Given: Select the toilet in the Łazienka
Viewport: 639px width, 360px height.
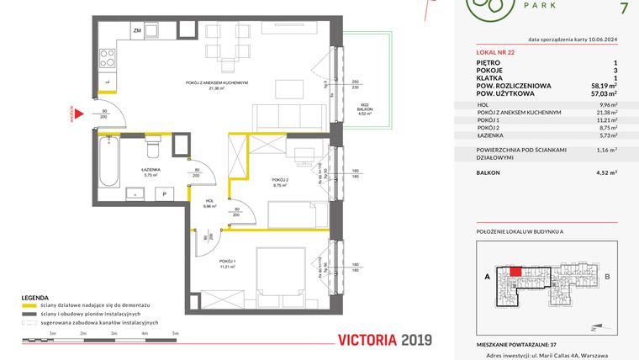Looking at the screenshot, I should [x=152, y=149].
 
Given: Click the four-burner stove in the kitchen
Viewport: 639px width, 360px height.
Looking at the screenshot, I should [x=108, y=58].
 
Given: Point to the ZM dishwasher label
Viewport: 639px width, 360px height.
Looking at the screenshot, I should [x=136, y=30].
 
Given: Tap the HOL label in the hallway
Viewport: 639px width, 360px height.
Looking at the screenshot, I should [x=209, y=201].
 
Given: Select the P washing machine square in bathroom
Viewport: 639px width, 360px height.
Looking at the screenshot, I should [x=165, y=193].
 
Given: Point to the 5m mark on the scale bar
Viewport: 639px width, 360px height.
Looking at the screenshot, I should [x=175, y=334].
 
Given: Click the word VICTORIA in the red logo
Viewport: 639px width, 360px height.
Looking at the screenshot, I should [x=365, y=341].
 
